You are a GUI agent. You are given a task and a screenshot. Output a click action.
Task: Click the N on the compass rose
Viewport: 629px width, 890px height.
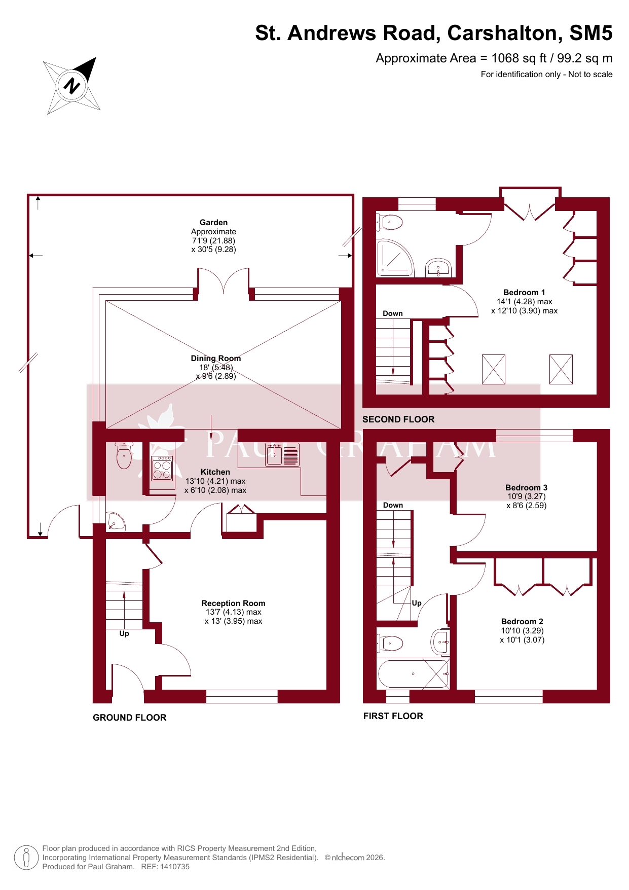(x=71, y=85)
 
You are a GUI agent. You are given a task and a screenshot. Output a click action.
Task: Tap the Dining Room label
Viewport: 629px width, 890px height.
(x=216, y=359)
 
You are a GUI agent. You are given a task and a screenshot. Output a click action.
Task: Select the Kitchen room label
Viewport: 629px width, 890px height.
(x=215, y=472)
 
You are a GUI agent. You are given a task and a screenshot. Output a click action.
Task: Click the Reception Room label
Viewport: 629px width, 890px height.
(x=234, y=603)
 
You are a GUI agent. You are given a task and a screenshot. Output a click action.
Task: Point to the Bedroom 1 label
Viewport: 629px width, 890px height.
(x=524, y=293)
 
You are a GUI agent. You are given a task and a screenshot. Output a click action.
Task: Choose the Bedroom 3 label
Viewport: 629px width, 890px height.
(x=526, y=488)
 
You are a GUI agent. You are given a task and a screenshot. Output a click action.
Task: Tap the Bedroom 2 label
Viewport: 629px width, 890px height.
(x=522, y=622)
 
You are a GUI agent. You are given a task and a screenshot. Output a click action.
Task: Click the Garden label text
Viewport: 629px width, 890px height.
(x=213, y=223)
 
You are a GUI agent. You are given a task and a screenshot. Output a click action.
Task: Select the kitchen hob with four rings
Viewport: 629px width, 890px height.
(x=162, y=468)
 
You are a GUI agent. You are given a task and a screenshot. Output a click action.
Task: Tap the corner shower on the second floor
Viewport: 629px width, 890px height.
(x=395, y=258)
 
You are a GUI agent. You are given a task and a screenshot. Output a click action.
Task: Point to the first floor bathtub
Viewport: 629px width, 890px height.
(x=413, y=673)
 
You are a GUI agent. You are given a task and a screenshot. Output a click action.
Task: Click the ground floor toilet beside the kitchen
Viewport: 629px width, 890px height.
(x=124, y=455)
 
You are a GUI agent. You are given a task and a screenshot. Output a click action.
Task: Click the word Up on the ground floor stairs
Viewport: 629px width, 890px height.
(x=124, y=634)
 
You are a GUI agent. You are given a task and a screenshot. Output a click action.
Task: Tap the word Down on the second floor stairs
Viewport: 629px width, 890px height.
(x=393, y=314)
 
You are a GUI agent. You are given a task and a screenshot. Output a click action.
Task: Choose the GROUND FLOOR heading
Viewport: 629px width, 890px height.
(x=130, y=718)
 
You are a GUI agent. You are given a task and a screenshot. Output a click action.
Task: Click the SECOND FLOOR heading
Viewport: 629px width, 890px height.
(x=398, y=419)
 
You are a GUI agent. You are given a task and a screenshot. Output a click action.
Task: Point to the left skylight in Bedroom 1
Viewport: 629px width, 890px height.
(x=494, y=369)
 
